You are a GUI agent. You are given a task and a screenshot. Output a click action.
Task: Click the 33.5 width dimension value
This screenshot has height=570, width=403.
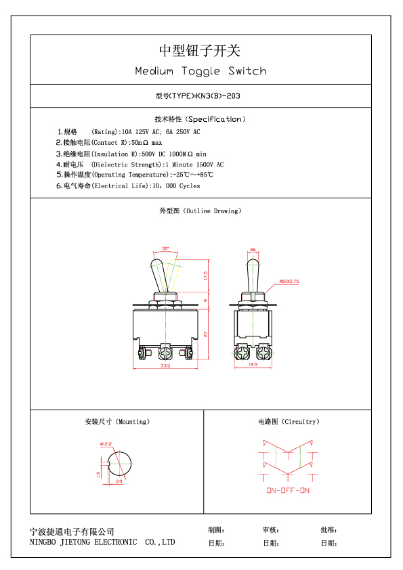[165, 366]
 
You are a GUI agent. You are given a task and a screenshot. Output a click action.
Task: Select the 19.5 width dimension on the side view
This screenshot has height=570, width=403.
[253, 364]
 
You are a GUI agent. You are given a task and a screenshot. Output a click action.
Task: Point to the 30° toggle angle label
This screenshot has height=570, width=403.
[165, 248]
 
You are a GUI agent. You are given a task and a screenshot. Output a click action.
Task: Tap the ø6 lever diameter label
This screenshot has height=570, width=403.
[253, 250]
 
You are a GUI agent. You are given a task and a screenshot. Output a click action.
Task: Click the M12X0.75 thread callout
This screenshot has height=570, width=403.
[289, 281]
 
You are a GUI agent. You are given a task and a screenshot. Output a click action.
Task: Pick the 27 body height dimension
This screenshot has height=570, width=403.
[205, 334]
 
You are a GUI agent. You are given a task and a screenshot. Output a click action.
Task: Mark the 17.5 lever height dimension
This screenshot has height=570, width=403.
[205, 276]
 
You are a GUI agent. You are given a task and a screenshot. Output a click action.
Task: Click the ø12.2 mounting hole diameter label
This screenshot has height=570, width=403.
[106, 444]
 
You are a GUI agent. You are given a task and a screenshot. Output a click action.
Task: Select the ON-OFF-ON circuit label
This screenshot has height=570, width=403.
[288, 490]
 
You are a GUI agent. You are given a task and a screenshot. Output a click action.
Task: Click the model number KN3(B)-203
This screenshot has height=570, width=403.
[218, 96]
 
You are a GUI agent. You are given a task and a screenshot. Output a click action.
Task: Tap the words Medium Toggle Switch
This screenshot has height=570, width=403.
[200, 71]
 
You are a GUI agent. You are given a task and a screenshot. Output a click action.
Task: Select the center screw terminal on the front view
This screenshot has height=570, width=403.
[165, 352]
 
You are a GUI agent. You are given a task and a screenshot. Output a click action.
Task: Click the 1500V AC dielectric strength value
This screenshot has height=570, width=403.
[210, 165]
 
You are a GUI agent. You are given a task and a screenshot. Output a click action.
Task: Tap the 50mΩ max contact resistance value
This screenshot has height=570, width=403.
[146, 142]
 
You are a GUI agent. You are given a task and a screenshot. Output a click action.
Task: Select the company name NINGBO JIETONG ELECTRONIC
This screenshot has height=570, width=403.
[83, 542]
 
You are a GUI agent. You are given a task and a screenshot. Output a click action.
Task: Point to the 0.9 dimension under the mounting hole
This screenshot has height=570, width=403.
[119, 481]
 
